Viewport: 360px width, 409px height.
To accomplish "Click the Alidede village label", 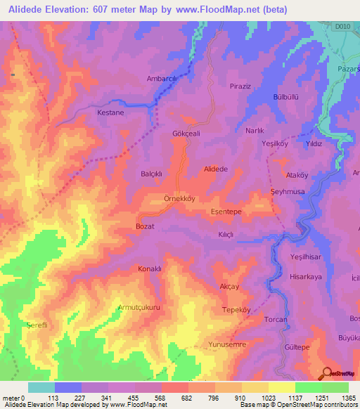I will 215,169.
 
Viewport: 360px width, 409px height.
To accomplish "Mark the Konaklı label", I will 150,269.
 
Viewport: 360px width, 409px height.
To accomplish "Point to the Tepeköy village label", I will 237,310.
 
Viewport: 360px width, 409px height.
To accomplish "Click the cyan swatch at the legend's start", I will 41,387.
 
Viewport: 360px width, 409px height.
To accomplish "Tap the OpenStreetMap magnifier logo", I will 328,373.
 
